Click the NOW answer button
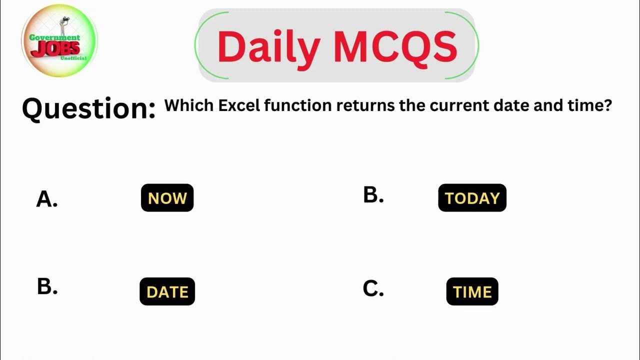[x=167, y=198]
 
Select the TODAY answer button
[x=472, y=198]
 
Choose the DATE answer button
[x=167, y=291]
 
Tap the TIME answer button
[x=472, y=291]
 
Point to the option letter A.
[x=46, y=199]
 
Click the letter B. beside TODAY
[x=373, y=195]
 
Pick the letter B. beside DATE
[x=47, y=287]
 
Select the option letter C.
[x=373, y=288]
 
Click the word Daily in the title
[x=268, y=46]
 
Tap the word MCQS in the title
[x=395, y=46]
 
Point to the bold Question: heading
[x=88, y=108]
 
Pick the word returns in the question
[x=365, y=105]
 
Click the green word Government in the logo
[x=54, y=37]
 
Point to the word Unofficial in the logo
[x=73, y=58]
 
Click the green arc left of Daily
[x=197, y=45]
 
